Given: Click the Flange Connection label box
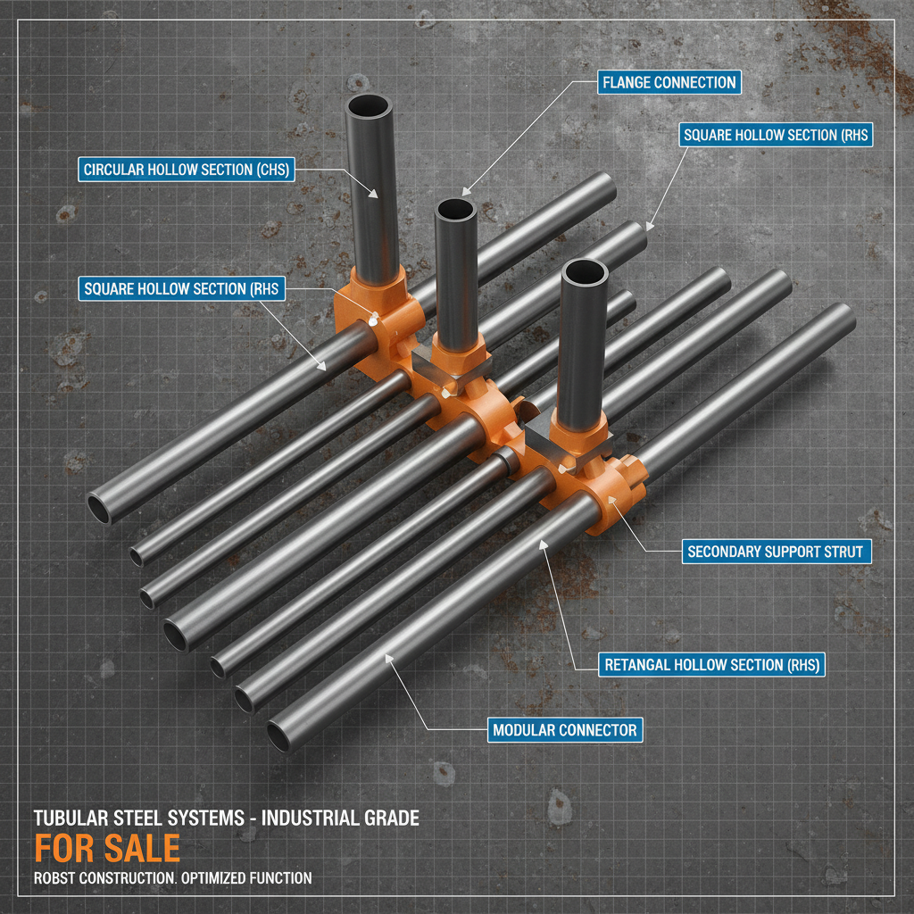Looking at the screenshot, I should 669,83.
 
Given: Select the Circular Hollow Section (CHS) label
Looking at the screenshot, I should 187,170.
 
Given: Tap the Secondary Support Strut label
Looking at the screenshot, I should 775,552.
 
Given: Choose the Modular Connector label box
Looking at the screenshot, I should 564,730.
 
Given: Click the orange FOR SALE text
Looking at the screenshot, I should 107,847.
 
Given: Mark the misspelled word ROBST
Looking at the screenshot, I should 54,878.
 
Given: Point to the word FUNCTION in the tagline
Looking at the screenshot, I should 284,878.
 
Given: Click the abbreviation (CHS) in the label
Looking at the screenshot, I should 272,170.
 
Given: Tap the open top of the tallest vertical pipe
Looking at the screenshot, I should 370,106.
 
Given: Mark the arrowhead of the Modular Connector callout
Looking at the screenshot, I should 387,658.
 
